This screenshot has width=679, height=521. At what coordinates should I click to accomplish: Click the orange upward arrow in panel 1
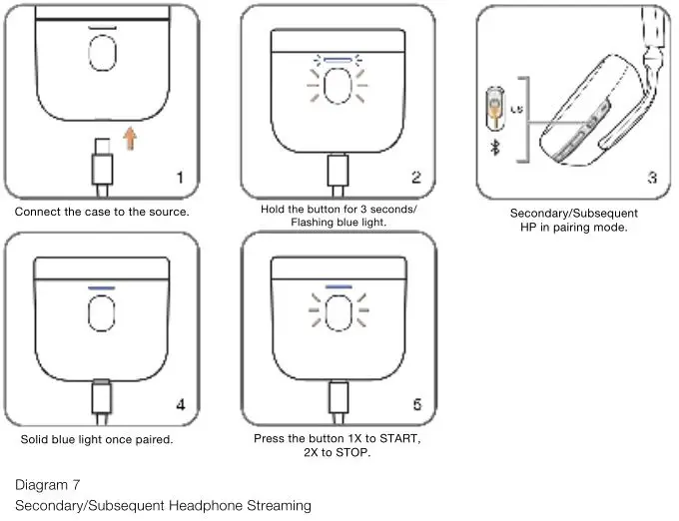click(130, 140)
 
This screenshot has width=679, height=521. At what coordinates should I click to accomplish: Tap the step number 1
click(181, 179)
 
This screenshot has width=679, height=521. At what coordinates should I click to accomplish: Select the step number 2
click(416, 178)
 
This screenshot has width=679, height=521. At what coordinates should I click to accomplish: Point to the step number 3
click(651, 179)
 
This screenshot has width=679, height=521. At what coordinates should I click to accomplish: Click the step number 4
click(181, 404)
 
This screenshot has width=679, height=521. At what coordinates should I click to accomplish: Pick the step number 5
click(416, 404)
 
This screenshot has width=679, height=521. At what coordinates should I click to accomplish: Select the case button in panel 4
click(102, 315)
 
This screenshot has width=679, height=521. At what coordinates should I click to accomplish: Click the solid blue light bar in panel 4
click(102, 286)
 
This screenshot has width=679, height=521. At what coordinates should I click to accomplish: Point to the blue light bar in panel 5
click(339, 286)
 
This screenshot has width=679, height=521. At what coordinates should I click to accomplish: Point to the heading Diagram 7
click(48, 485)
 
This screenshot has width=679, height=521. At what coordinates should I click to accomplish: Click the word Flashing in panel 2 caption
click(313, 223)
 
